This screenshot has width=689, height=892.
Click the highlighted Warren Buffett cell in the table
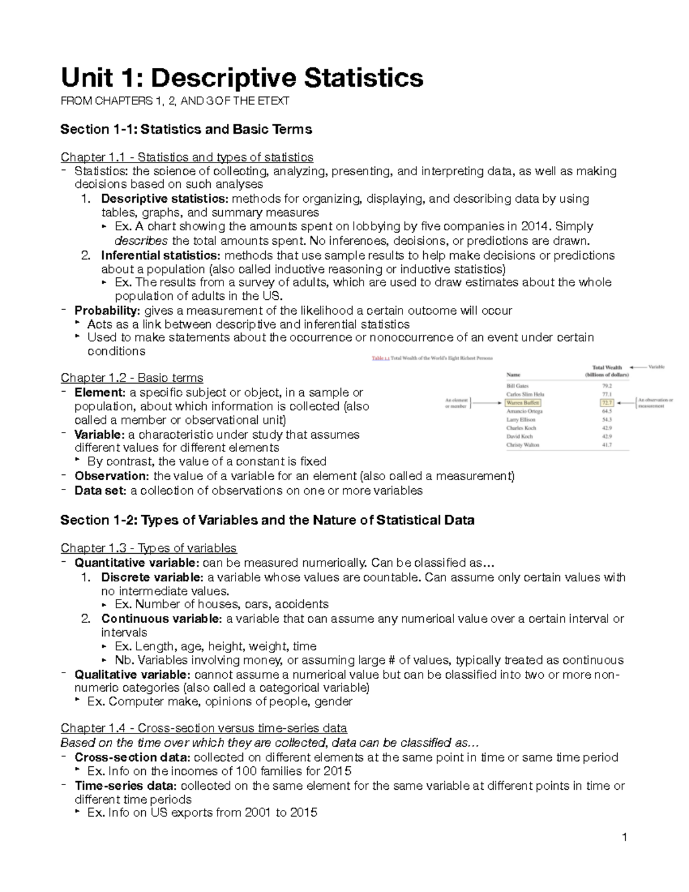pos(522,403)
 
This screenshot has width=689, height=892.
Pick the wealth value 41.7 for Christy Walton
pos(607,445)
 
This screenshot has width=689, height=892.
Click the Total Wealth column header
pos(607,371)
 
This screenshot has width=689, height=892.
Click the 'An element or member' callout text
pos(457,403)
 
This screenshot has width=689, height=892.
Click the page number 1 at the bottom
pos(625,837)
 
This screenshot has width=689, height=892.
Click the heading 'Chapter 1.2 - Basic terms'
pos(132,378)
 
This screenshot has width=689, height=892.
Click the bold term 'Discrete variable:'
pos(152,577)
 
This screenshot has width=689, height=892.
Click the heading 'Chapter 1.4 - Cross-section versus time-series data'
pos(204,729)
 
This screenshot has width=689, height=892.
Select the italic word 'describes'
pos(141,241)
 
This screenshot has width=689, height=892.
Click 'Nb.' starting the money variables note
pos(123,660)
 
